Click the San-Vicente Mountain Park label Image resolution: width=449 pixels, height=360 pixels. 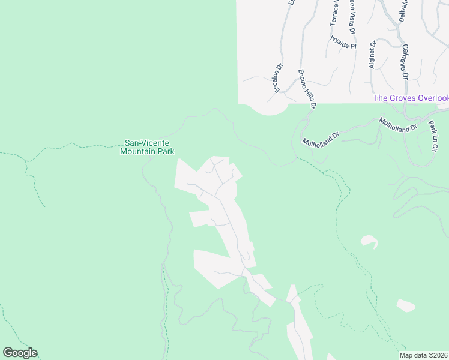[x=147, y=147]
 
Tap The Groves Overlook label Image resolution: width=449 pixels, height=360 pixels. [x=411, y=98]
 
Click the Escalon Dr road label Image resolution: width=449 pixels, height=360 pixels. [x=277, y=79]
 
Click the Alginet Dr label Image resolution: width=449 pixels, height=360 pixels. [x=373, y=55]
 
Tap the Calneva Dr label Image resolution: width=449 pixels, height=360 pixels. [x=405, y=62]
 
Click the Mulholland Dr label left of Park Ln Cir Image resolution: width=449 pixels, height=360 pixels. [x=397, y=125]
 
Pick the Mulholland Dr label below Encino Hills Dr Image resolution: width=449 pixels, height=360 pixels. [x=321, y=140]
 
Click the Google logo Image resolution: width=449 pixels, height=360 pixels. [x=20, y=353]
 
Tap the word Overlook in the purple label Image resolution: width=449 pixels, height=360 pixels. [x=432, y=98]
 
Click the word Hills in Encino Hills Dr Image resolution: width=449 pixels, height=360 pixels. [x=307, y=90]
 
